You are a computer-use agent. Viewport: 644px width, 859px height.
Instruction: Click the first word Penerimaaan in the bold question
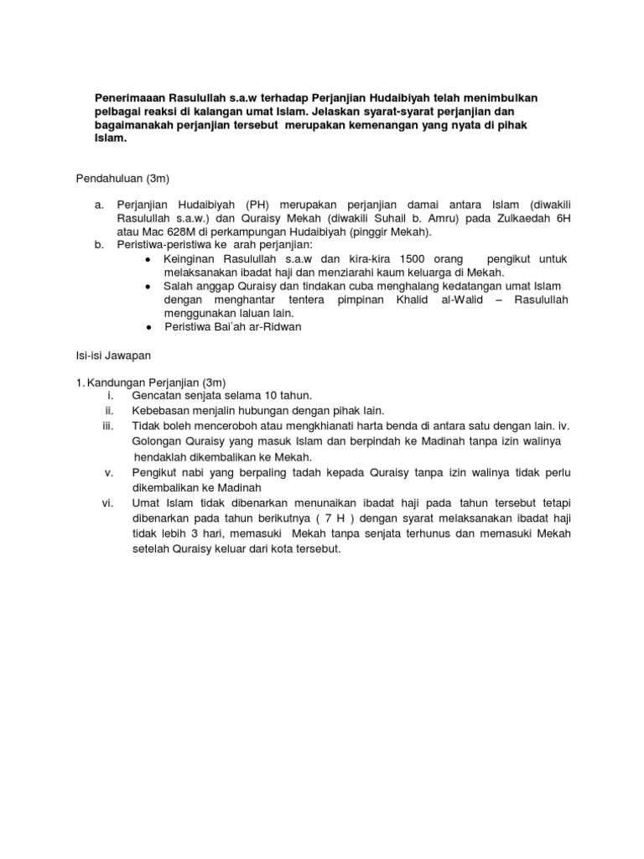point(130,98)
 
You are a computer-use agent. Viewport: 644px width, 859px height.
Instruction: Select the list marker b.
point(99,245)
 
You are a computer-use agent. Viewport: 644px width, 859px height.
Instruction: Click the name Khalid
point(410,300)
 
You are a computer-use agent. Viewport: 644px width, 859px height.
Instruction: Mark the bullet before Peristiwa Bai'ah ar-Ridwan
point(148,327)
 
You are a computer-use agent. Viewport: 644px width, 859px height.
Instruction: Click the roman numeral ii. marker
point(108,409)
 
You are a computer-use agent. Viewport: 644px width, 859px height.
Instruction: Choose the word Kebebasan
point(163,409)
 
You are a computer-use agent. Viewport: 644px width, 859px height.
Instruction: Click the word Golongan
point(158,441)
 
